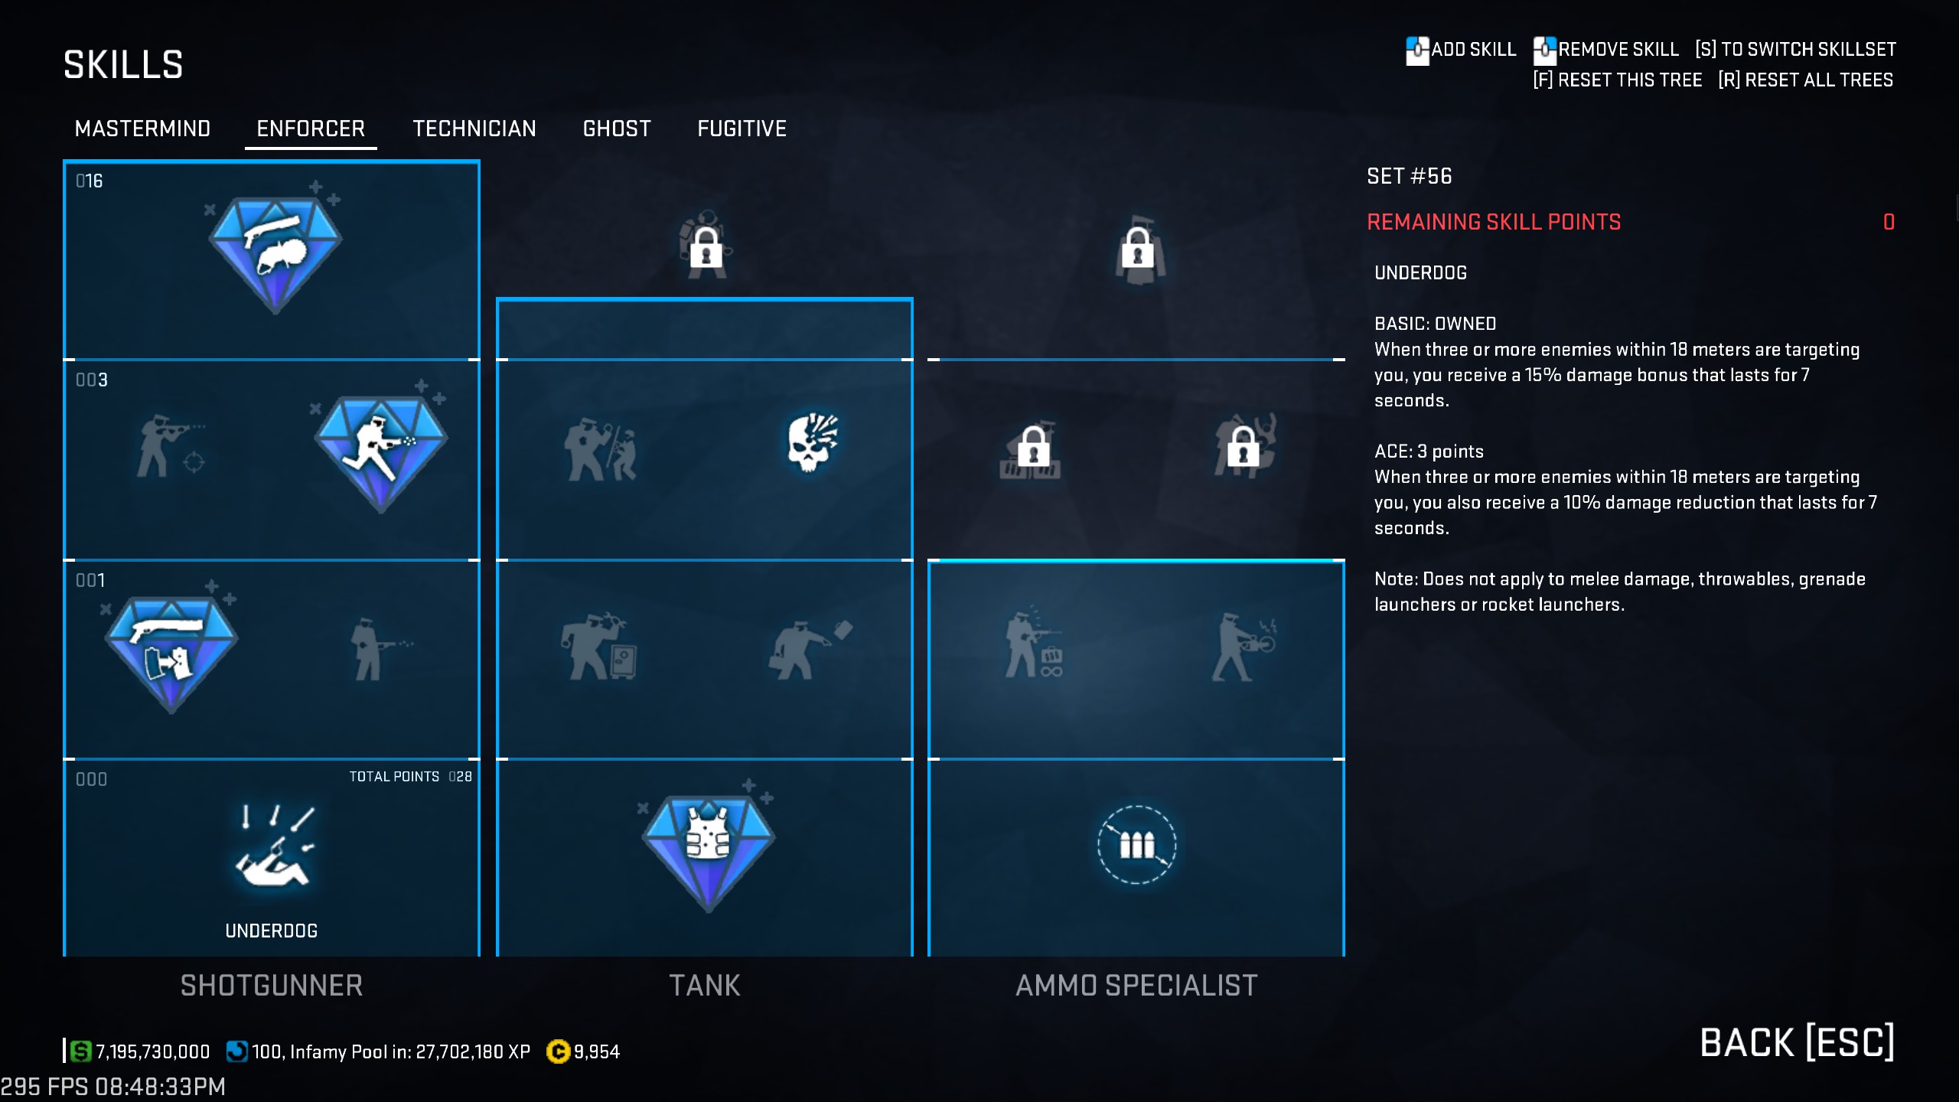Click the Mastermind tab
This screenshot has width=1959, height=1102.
[x=142, y=129]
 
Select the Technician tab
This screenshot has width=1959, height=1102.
[x=474, y=129]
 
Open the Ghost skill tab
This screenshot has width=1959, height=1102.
[x=617, y=129]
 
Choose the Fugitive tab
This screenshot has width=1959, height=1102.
[x=742, y=129]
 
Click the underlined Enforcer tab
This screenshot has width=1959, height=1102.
[x=311, y=129]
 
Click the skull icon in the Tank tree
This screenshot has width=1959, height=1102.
[x=812, y=442]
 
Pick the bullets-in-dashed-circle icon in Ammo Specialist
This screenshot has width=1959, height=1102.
[x=1136, y=845]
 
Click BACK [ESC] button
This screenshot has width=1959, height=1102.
[x=1797, y=1042]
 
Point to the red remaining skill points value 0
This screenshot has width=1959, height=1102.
[x=1889, y=222]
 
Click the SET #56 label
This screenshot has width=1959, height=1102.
[x=1409, y=176]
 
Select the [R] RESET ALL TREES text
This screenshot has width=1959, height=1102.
[x=1805, y=80]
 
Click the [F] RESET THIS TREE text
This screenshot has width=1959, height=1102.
[x=1618, y=80]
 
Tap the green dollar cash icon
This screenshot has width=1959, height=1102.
[x=80, y=1051]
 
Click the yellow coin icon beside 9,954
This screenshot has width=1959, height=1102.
[x=558, y=1051]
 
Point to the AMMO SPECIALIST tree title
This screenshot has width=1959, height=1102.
[x=1136, y=986]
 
